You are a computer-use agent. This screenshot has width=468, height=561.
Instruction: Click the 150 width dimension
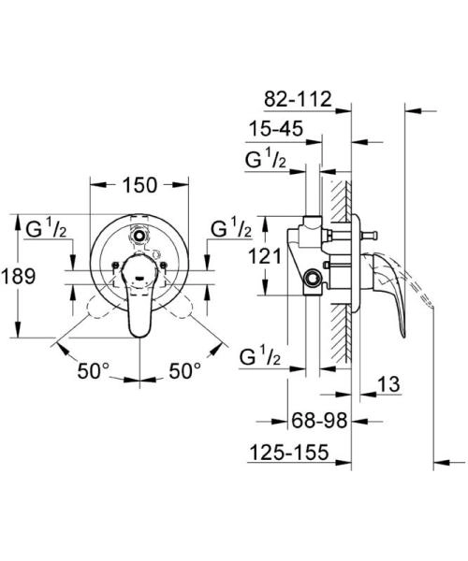(140, 185)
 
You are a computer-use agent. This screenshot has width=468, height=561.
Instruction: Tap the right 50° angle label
(185, 371)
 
